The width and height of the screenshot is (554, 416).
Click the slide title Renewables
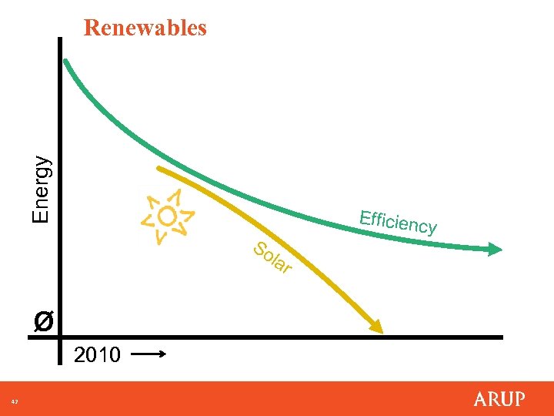[145, 28]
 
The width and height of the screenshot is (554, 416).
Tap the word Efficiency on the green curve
[398, 221]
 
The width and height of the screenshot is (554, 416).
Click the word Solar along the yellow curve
[272, 258]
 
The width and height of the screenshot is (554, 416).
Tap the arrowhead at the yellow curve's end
[375, 327]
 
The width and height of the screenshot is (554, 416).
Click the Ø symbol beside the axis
[44, 320]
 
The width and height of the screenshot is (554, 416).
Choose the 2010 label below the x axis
[97, 355]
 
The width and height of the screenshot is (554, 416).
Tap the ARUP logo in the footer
[499, 399]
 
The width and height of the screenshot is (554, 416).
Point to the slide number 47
[14, 401]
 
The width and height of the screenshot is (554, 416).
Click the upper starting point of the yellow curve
[159, 168]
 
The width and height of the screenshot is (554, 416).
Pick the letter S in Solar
[260, 249]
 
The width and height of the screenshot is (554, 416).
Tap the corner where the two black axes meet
[61, 337]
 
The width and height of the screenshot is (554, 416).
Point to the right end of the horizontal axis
[501, 337]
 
